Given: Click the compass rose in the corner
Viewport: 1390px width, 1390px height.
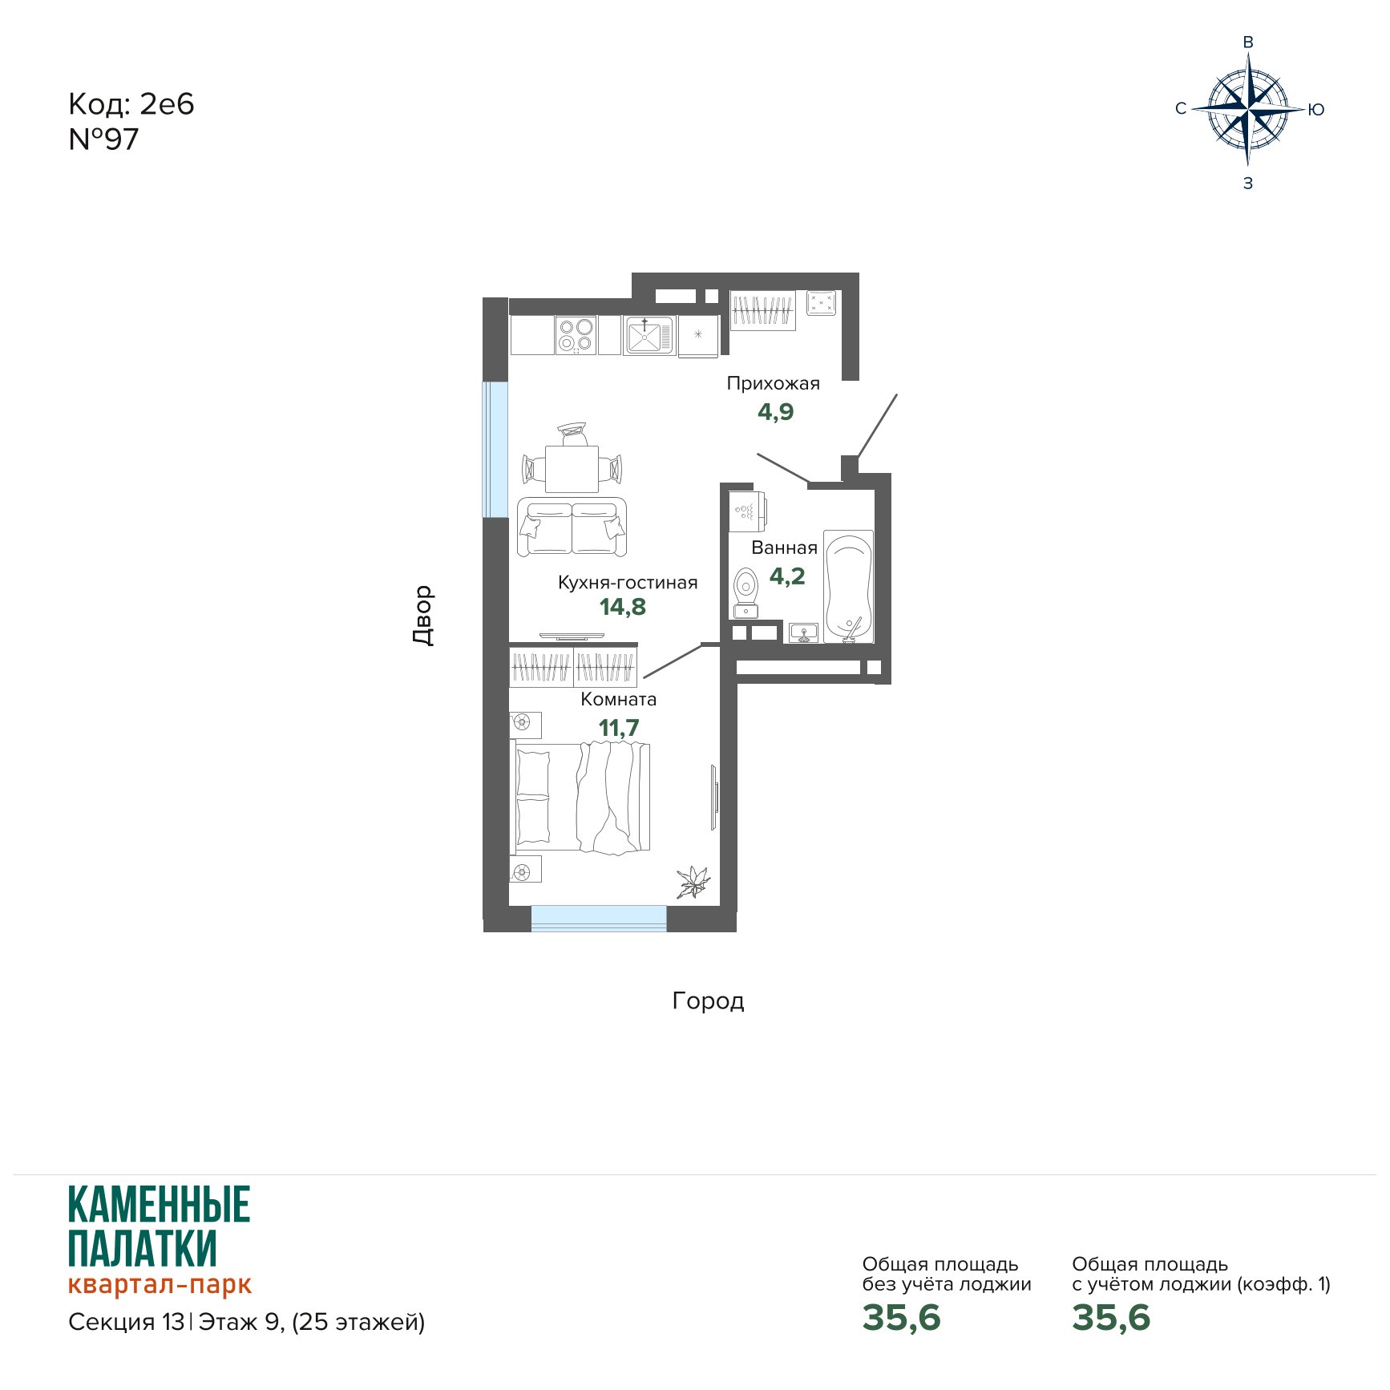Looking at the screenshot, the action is [x=1248, y=109].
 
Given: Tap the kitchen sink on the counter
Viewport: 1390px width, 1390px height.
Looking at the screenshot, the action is [x=649, y=335].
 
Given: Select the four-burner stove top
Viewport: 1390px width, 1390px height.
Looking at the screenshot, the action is [x=576, y=335].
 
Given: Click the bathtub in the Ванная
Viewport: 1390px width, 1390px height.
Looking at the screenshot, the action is [x=848, y=586].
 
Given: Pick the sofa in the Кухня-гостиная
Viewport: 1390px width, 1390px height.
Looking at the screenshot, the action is [x=572, y=526].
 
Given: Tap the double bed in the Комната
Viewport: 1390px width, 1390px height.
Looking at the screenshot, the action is [x=581, y=798].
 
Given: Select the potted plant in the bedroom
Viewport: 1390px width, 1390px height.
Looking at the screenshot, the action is [x=692, y=882].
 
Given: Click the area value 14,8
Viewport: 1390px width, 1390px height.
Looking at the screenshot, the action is [x=623, y=607].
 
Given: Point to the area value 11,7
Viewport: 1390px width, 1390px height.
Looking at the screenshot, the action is [x=619, y=728].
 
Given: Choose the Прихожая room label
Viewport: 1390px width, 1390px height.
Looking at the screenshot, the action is [x=774, y=383].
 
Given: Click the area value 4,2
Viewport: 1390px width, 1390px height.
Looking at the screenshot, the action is [x=787, y=576].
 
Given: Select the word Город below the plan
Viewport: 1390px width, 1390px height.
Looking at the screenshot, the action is [x=708, y=1001].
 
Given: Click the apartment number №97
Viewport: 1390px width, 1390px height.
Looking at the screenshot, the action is [x=103, y=139].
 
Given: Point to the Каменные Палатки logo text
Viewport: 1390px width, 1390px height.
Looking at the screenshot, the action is [x=160, y=1226].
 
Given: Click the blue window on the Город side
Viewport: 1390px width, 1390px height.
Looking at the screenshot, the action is [x=599, y=919].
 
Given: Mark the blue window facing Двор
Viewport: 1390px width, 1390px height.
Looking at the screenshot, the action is [x=495, y=450].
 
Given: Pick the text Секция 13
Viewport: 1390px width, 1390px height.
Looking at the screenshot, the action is [x=127, y=1322].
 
